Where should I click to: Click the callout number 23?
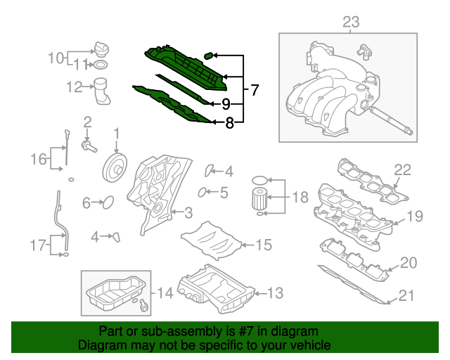point(350,23)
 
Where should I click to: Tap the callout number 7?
point(254,90)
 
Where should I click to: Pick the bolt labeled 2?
point(89,146)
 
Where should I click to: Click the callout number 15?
point(263,245)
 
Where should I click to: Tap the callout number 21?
point(407,295)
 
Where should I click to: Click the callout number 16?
point(39,160)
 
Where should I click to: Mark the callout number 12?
point(75,87)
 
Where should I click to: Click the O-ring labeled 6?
point(108,203)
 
